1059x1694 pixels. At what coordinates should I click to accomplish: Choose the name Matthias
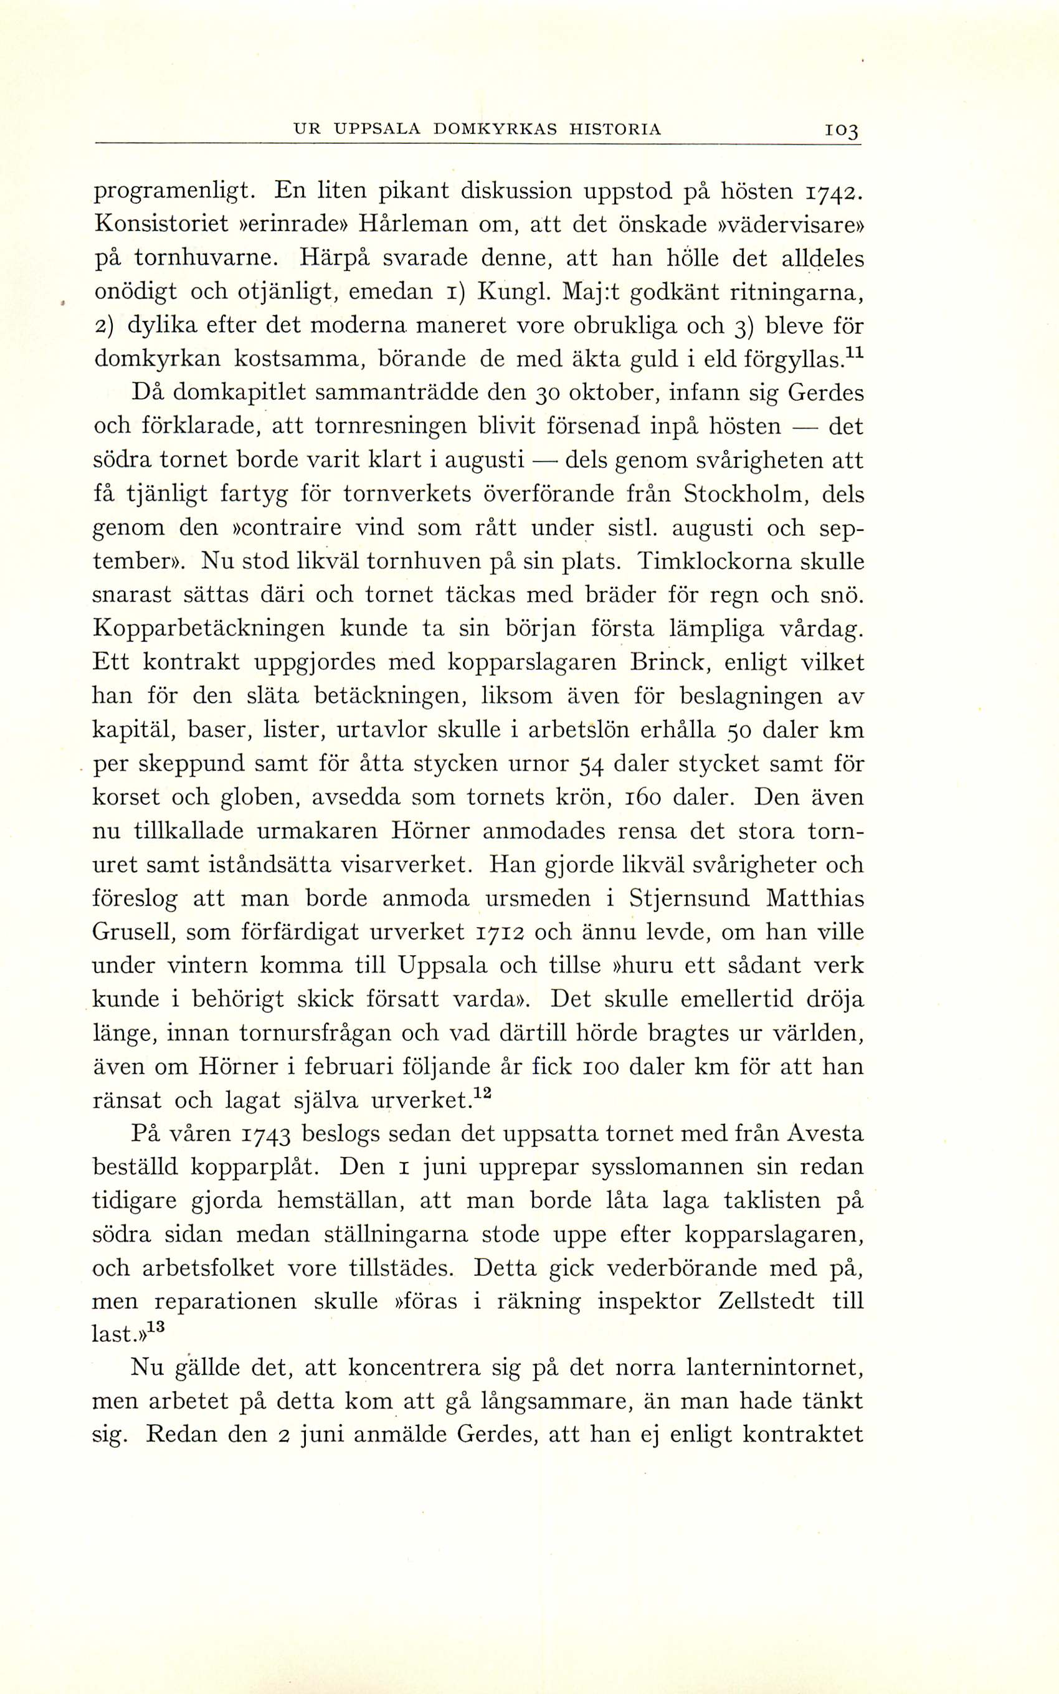click(x=815, y=898)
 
